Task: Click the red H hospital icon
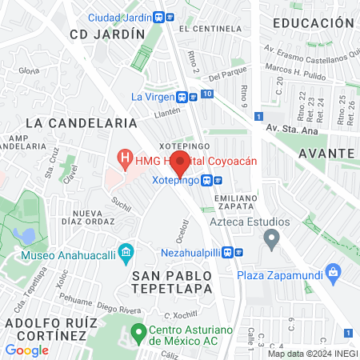124,160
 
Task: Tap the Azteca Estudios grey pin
272,238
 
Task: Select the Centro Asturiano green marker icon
138,331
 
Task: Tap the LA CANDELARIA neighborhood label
82,123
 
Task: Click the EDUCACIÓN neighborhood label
313,23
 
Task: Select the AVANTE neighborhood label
326,152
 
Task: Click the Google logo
26,350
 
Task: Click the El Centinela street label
206,29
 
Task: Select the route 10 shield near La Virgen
208,95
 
